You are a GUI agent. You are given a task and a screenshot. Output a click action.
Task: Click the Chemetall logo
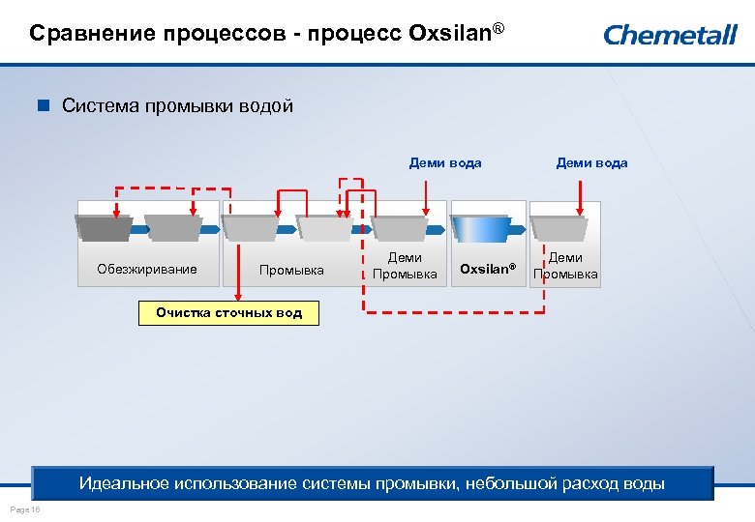670,35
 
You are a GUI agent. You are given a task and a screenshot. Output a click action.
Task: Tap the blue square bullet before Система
43,106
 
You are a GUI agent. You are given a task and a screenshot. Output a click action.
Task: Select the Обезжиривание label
147,270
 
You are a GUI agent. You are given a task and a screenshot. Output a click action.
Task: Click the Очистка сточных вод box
229,312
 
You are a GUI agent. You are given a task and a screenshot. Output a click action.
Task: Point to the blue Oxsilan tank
480,228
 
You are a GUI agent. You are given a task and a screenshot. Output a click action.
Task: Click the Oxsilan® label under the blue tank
488,269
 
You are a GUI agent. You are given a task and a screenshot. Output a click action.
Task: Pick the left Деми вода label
445,162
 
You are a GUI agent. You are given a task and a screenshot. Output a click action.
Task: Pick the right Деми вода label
591,162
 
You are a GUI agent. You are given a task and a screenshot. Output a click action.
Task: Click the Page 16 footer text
21,508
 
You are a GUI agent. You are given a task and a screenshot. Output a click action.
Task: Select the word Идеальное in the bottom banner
124,482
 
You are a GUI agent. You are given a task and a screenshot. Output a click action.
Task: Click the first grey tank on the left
104,228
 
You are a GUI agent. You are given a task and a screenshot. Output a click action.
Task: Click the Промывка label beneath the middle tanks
291,270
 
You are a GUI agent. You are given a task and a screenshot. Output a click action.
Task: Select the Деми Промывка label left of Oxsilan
405,266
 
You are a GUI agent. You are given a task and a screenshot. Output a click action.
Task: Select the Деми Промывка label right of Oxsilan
565,266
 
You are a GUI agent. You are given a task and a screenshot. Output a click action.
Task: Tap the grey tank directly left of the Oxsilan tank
399,228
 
